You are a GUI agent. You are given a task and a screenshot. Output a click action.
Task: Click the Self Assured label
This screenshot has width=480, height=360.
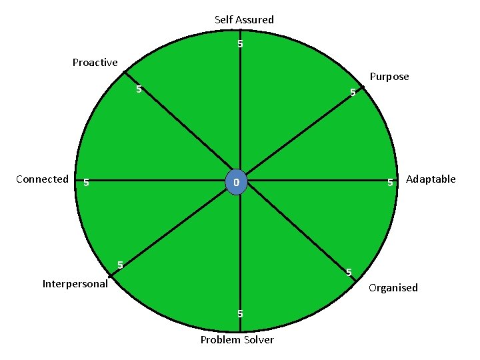(244, 20)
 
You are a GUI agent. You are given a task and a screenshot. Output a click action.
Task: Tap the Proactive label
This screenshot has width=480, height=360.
(95, 63)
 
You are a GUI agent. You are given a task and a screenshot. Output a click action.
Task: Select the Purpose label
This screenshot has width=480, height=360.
(389, 77)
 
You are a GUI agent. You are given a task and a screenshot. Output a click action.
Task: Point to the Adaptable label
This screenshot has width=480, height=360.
(431, 179)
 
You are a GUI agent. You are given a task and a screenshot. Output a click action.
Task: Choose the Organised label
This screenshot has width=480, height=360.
(393, 287)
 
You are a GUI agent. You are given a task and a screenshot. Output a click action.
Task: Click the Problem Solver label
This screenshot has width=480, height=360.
(237, 340)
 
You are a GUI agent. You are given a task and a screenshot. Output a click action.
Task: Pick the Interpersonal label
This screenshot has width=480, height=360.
(75, 283)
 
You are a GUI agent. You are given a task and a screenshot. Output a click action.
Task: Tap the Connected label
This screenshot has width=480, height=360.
(42, 179)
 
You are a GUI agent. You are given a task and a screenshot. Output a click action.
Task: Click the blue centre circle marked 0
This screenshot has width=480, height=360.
(237, 182)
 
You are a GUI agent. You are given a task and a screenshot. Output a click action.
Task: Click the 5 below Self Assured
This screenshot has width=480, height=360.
(240, 45)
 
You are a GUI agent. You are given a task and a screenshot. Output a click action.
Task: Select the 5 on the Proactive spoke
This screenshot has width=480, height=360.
(139, 89)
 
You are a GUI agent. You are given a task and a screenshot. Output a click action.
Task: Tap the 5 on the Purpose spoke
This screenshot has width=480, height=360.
(353, 93)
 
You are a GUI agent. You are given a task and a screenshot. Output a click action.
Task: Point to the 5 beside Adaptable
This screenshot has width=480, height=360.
(390, 183)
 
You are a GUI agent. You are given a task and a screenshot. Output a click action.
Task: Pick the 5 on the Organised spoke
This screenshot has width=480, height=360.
(348, 272)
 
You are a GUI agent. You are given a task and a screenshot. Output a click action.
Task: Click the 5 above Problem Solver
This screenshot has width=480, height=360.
(240, 314)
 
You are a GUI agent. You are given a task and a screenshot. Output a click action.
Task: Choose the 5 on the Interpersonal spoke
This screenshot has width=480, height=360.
(120, 265)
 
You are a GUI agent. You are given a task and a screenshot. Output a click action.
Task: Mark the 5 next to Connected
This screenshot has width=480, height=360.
(87, 183)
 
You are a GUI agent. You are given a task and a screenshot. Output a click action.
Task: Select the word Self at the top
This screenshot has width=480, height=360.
(223, 20)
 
